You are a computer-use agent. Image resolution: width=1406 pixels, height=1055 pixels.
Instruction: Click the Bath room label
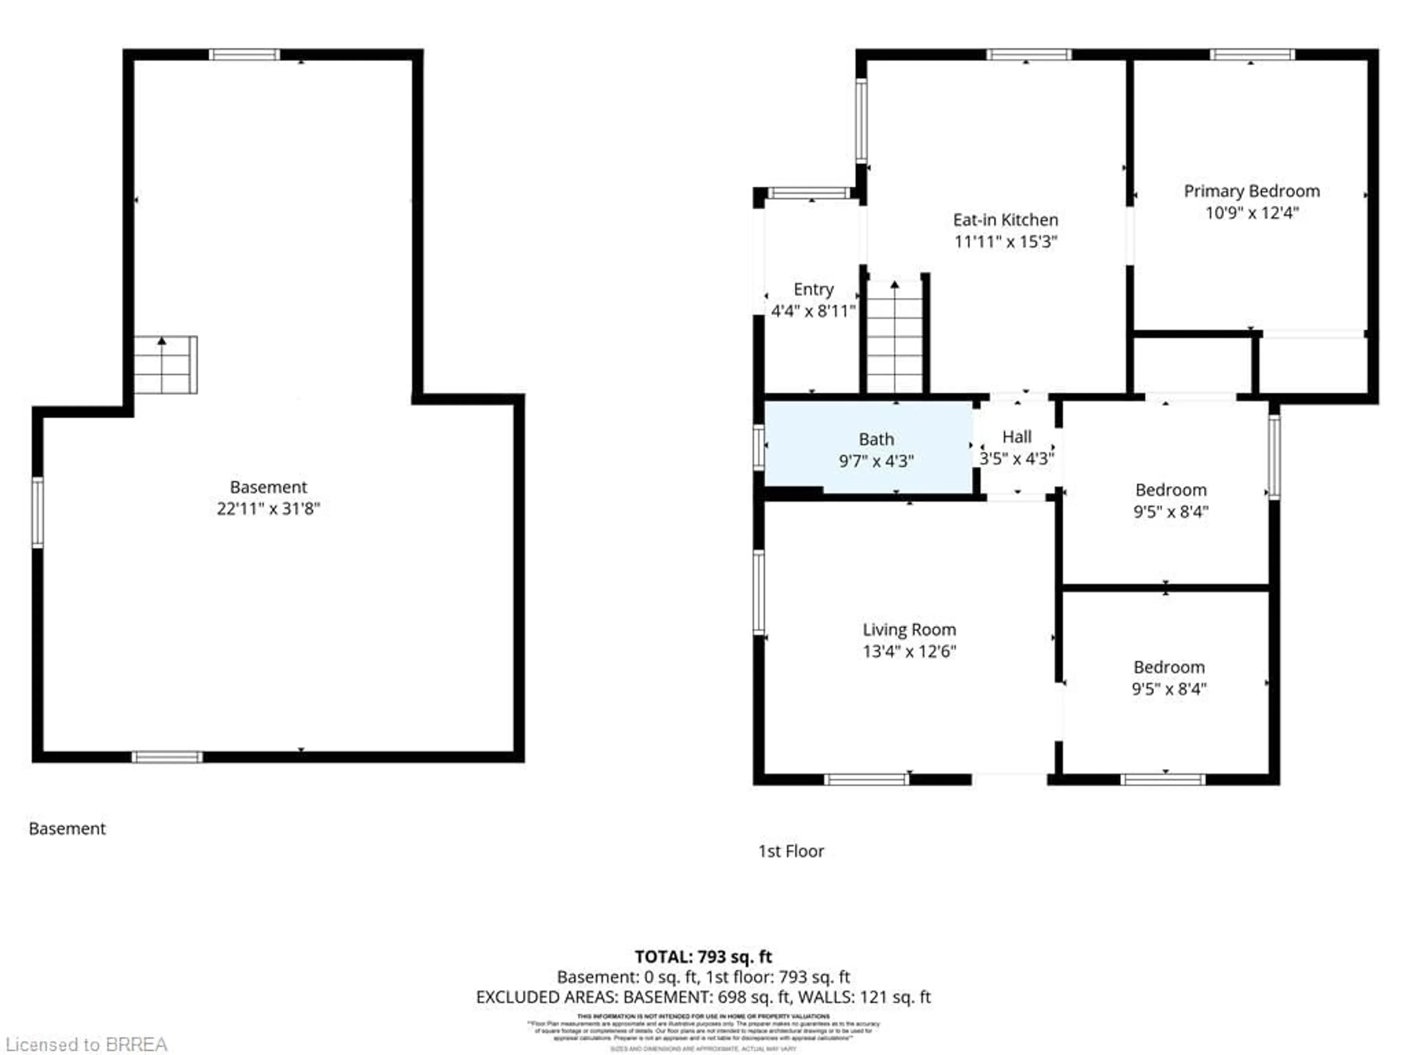click(x=876, y=440)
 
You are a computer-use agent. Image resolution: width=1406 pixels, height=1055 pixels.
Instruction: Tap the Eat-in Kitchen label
click(x=1005, y=220)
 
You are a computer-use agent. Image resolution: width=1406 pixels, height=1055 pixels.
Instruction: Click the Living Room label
click(x=909, y=630)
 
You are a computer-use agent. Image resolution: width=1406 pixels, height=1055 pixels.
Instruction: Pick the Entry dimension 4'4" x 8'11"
click(x=813, y=311)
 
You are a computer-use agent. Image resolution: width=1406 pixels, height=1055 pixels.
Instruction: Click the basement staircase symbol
click(x=165, y=365)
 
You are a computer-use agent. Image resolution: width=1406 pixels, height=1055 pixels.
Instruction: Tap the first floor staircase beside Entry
click(x=894, y=337)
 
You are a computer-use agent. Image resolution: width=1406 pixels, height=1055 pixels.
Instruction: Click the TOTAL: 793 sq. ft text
click(x=703, y=956)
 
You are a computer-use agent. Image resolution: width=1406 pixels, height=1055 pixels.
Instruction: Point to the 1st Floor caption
click(x=791, y=851)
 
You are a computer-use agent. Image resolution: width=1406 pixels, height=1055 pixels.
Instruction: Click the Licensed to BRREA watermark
click(x=86, y=1044)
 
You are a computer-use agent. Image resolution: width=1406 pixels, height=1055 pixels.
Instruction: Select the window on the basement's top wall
click(x=244, y=55)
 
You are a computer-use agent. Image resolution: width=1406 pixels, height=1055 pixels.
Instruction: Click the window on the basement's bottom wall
click(x=167, y=757)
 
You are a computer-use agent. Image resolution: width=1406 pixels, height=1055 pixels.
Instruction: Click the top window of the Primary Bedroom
click(x=1251, y=55)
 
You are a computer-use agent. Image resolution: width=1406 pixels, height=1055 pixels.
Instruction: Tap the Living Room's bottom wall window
click(x=866, y=780)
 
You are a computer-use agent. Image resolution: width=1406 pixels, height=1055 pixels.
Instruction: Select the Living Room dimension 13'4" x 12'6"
click(x=909, y=651)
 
